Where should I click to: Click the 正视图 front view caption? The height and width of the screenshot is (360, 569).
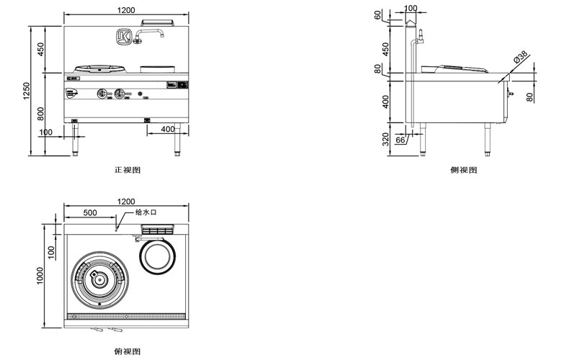coord(127,170)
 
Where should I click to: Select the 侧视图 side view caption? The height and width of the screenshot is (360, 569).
coord(463,170)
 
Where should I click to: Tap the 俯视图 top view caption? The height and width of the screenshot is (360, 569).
coord(127,351)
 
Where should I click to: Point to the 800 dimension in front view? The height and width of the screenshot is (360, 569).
coord(41,112)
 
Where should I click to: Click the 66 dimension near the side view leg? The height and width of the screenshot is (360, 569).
coord(400,140)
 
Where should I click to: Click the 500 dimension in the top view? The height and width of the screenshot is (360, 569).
coord(90,213)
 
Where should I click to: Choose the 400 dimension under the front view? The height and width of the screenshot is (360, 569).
coord(168,129)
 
